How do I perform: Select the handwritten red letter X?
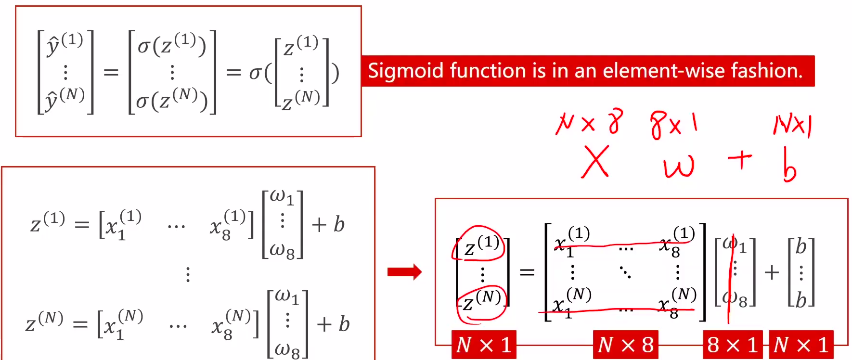point(595,162)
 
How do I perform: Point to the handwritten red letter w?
point(679,166)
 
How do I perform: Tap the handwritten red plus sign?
point(740,160)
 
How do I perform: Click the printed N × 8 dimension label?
point(625,345)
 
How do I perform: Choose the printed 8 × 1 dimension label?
point(733,345)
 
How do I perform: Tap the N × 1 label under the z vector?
point(484,345)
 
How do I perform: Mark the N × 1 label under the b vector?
point(801,345)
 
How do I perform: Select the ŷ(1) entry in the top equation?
point(65,44)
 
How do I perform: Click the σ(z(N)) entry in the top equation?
point(171,99)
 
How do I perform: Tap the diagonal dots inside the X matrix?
point(625,272)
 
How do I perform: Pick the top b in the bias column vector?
point(801,246)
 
